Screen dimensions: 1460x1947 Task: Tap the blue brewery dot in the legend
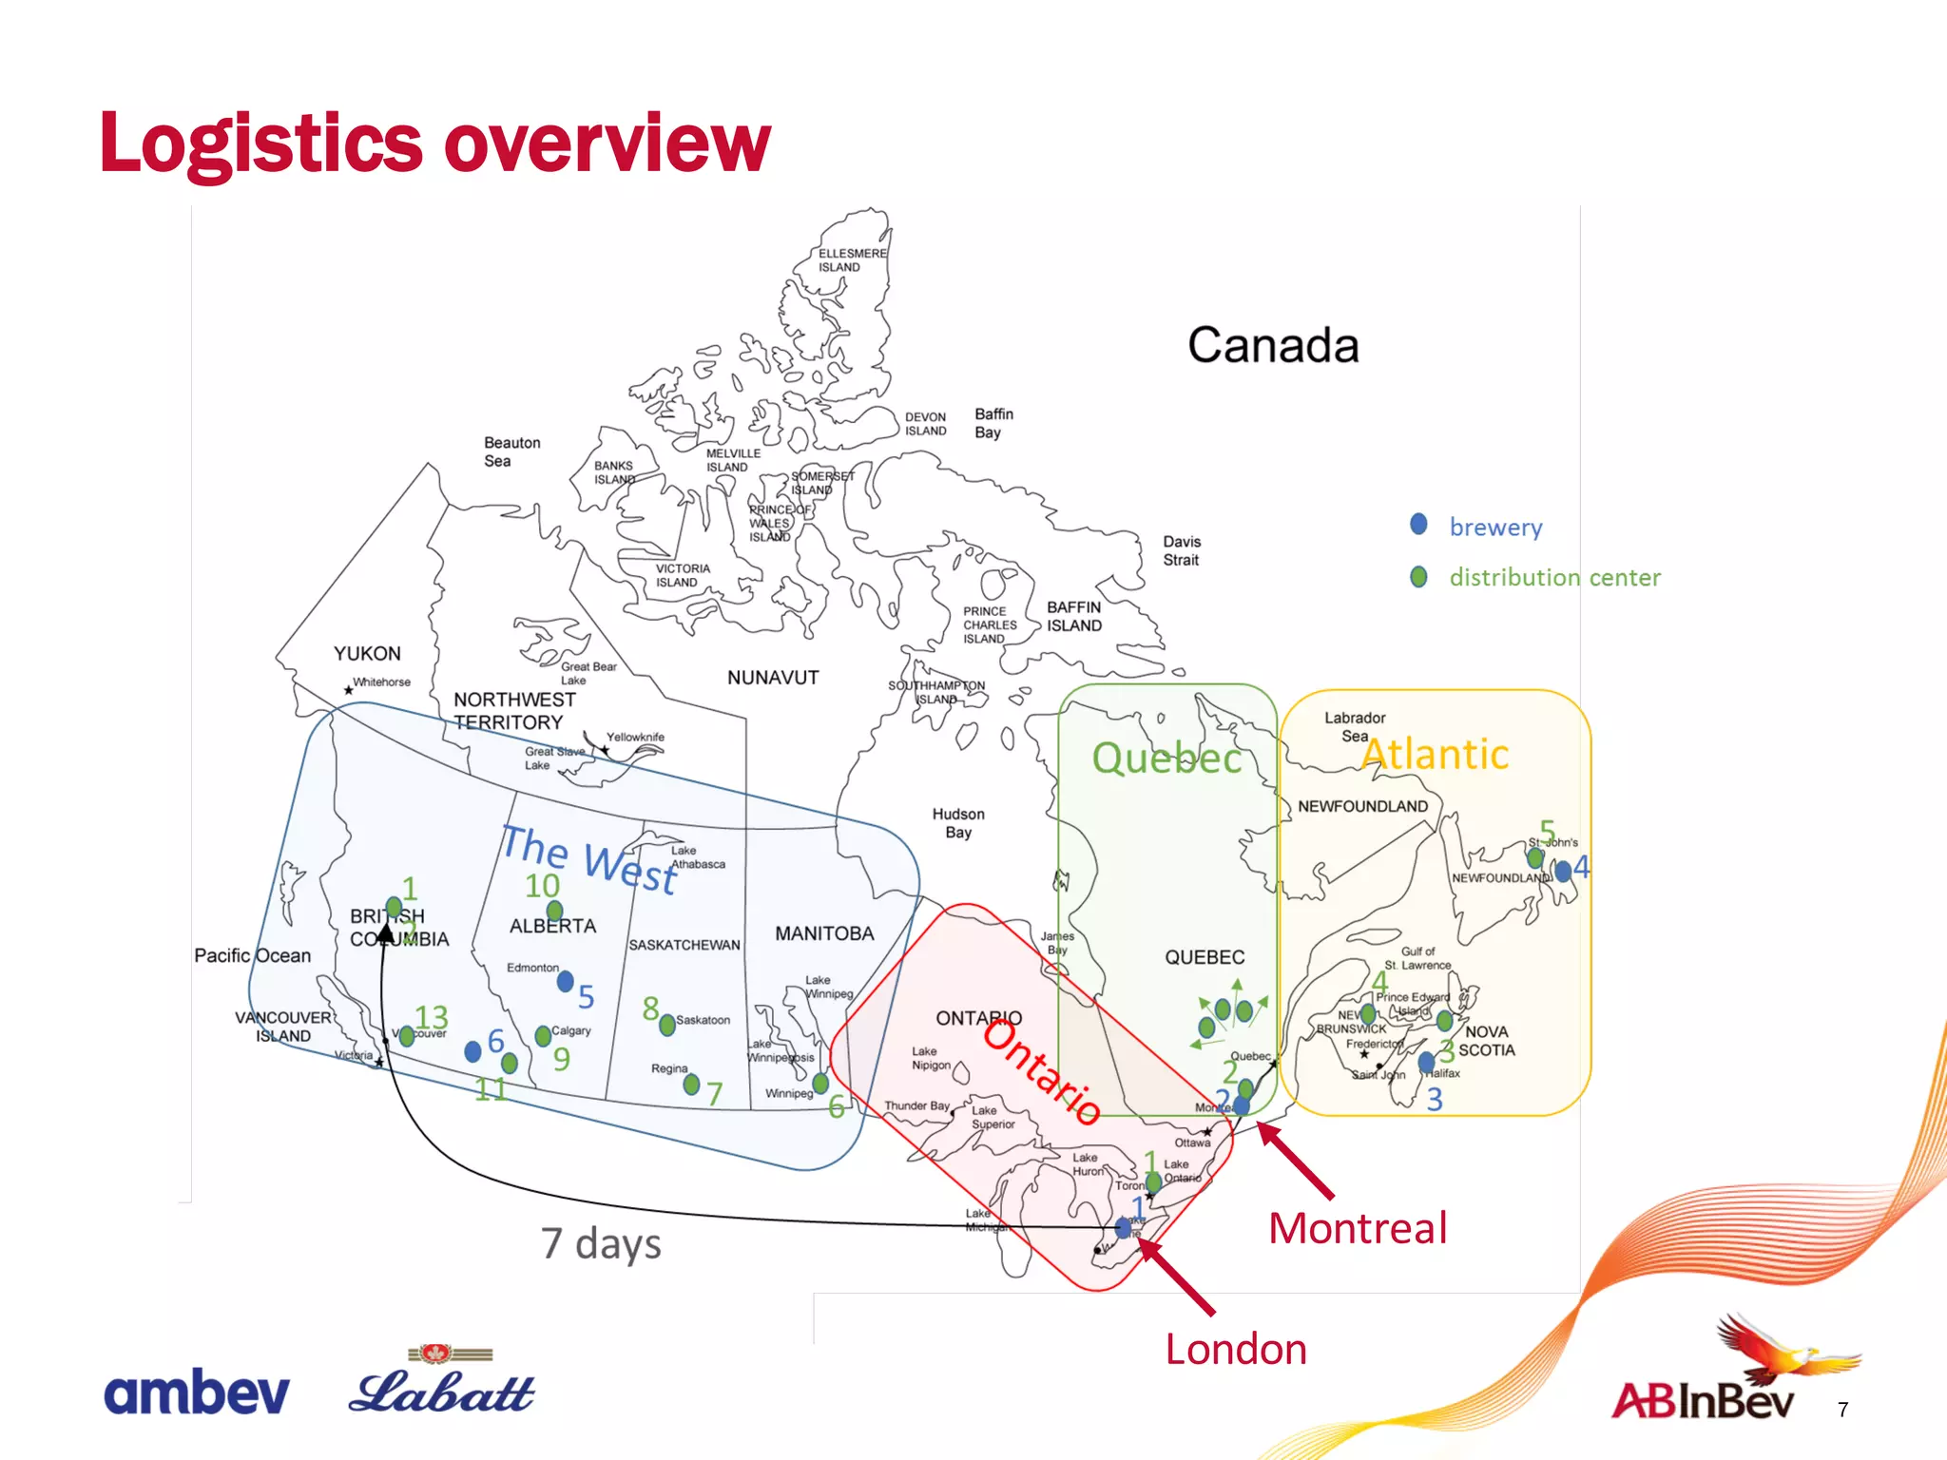tap(1418, 525)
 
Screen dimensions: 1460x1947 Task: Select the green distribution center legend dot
tap(1418, 577)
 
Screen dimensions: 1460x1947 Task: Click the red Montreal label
tap(1358, 1228)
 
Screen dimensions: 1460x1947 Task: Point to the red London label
tap(1236, 1349)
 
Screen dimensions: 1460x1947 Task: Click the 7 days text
tap(601, 1243)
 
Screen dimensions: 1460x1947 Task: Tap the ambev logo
tap(196, 1393)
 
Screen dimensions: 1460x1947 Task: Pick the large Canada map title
tap(1272, 345)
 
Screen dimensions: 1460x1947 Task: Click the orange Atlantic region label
tap(1435, 755)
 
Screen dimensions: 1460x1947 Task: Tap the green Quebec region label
tap(1166, 758)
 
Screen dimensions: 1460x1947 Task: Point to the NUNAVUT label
tap(772, 678)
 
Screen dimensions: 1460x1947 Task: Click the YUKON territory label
tap(367, 654)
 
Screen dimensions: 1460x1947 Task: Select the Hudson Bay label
tap(958, 823)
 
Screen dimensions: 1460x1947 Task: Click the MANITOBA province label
tap(824, 933)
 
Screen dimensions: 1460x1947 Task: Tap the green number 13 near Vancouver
tap(431, 1018)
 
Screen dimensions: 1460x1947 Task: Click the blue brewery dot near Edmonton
tap(566, 981)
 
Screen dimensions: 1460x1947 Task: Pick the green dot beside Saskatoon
tap(667, 1024)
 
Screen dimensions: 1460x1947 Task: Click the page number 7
tap(1842, 1410)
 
